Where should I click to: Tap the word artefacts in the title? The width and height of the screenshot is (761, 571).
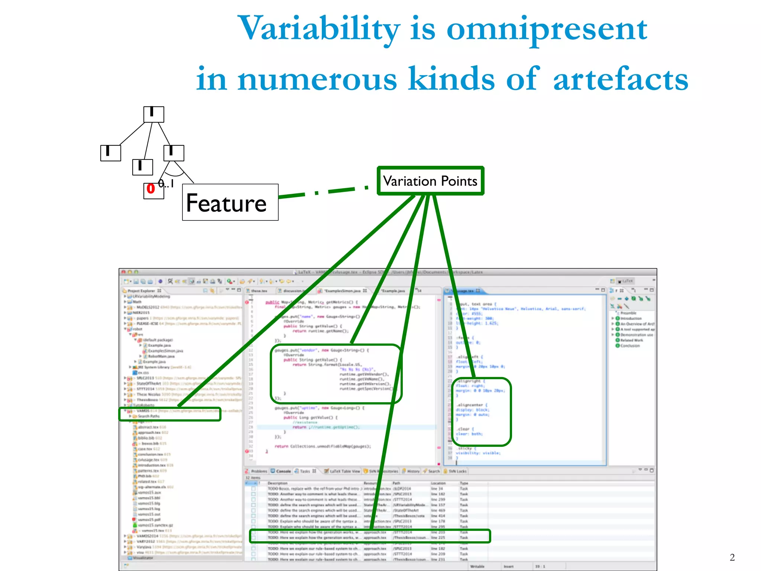coord(621,79)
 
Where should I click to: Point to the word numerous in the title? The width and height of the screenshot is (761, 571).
coord(317,79)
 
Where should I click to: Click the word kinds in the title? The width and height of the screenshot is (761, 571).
coord(451,79)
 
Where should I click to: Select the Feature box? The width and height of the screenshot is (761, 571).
coord(230,202)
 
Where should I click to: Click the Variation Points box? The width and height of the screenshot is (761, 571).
coord(430,181)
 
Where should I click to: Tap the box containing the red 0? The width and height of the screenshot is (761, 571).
coord(153,191)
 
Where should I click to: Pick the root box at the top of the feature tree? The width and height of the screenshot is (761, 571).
coord(153,114)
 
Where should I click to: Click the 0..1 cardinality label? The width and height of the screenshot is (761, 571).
coord(166,183)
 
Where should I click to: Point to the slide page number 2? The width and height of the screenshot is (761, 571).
coord(732,557)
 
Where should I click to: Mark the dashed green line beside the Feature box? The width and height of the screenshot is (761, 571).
coord(323,192)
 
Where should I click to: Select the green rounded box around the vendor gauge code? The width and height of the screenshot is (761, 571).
coord(336,374)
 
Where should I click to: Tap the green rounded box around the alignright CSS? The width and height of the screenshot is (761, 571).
coord(482,412)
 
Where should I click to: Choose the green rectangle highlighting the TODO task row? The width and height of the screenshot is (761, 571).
coord(370,536)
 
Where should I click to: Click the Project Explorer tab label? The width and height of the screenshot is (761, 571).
coord(141,291)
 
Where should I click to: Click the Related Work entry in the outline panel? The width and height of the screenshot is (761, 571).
coord(631,340)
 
